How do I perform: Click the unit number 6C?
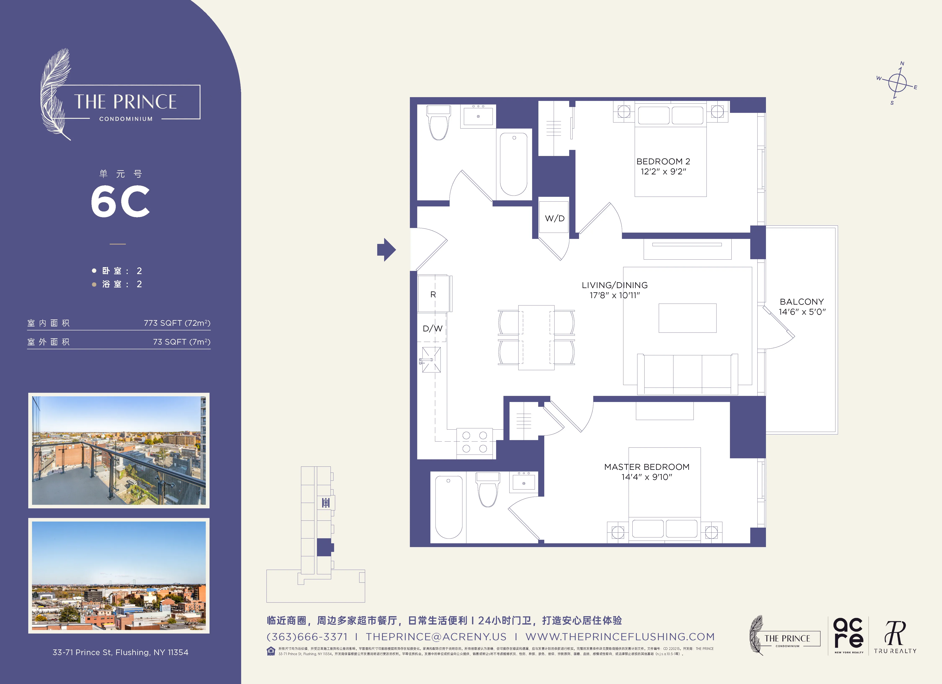point(120,201)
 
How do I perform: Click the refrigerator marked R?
point(433,294)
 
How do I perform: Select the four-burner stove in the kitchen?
point(474,442)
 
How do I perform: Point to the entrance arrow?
point(386,250)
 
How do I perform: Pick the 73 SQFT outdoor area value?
point(181,342)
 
